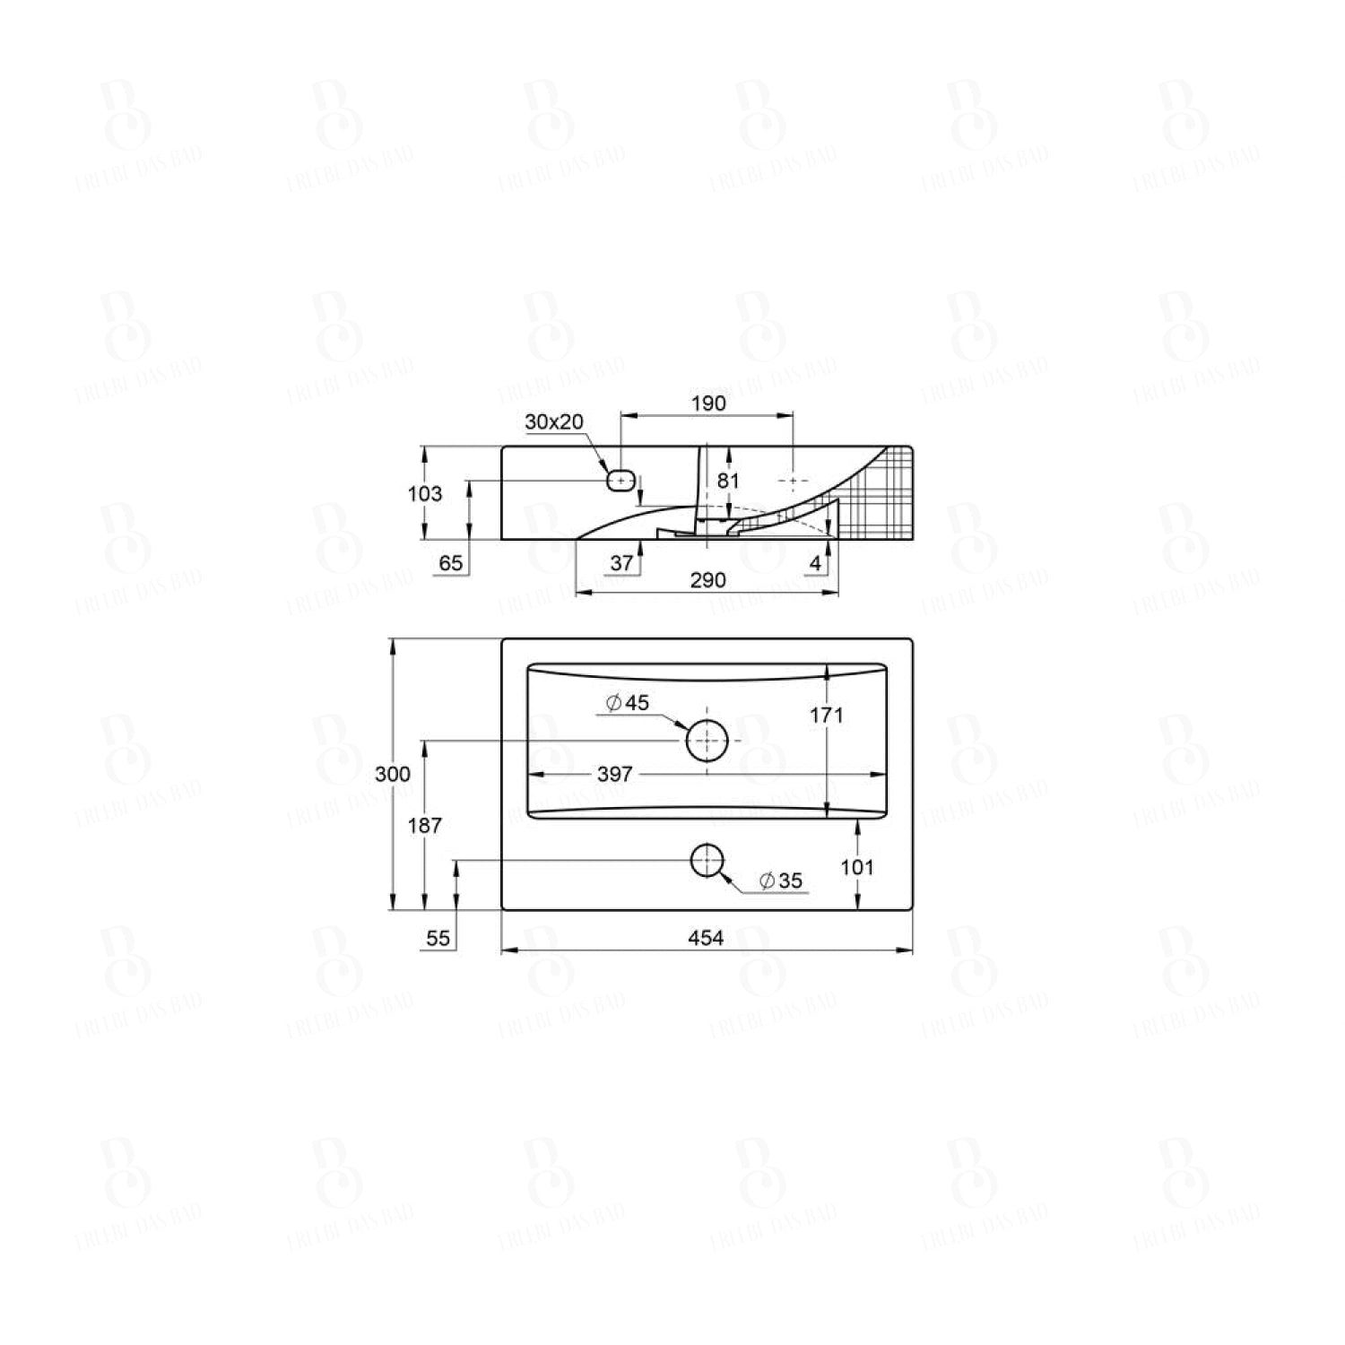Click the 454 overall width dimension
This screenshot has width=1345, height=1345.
coord(706,938)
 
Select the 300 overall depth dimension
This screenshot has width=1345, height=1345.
coord(393,774)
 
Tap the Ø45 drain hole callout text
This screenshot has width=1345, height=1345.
coord(628,703)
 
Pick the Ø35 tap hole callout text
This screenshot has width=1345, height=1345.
coord(780,881)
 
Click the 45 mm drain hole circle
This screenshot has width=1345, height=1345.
coord(707,741)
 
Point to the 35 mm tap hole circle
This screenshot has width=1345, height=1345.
coord(707,861)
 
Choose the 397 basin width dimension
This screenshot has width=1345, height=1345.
coord(614,774)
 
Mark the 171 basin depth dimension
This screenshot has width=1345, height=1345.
coord(826,715)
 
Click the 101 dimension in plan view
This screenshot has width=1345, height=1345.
coord(857,867)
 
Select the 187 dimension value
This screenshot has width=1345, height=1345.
coord(424,825)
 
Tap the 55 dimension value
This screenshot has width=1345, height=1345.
coord(438,938)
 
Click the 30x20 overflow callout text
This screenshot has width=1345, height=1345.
coord(554,421)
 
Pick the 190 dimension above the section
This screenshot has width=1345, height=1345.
coord(708,403)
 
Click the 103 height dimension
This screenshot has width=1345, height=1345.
coord(424,493)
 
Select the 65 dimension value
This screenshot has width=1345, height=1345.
coord(451,563)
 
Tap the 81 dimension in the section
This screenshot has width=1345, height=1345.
coord(728,481)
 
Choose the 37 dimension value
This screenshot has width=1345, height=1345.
coord(621,563)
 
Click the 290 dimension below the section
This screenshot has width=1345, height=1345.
coord(707,580)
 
